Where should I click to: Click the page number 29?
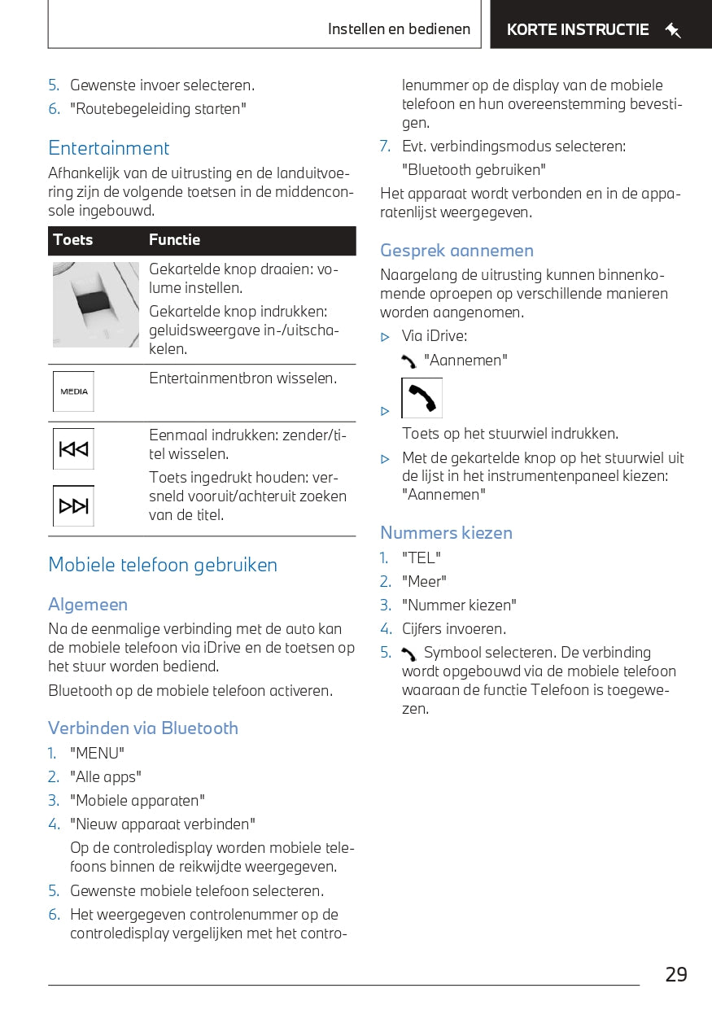tap(675, 974)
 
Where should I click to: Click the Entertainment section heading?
tap(109, 148)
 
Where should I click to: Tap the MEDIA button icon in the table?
tap(74, 391)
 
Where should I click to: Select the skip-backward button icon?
tap(74, 449)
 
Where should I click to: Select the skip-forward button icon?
tap(74, 506)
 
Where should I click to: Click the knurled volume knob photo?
tap(96, 304)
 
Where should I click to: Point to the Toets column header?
tap(73, 240)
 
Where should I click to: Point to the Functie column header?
tap(174, 240)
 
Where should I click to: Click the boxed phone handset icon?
tap(422, 398)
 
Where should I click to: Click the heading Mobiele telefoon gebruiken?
tap(163, 565)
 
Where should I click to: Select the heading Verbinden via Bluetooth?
tap(143, 728)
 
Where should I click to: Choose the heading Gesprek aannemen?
tap(457, 251)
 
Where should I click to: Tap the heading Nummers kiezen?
tap(447, 533)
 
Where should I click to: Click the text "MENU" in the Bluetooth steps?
tap(98, 754)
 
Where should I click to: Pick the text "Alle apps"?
tap(106, 777)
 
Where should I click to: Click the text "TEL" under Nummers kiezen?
tap(422, 558)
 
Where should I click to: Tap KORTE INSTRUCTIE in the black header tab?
tap(578, 30)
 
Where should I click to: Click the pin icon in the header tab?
tap(673, 31)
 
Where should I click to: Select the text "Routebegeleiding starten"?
tap(158, 109)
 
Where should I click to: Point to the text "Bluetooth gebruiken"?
tap(474, 170)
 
